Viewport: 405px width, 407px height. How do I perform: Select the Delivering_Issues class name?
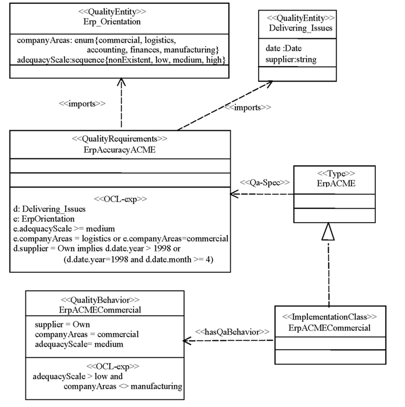coord(297,28)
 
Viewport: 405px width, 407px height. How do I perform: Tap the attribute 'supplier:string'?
coord(291,59)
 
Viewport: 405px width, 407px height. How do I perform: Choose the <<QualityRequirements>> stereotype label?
coord(120,139)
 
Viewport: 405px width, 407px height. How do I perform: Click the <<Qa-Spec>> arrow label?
coord(265,182)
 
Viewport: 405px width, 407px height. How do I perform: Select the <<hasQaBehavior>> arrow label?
coord(232,332)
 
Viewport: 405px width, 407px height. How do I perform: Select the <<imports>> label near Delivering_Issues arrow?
coord(248,107)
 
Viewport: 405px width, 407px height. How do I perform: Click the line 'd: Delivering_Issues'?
coord(50,209)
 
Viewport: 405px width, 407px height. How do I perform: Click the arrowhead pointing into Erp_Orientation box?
coord(121,82)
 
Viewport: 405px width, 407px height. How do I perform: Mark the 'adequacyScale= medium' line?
coord(79,344)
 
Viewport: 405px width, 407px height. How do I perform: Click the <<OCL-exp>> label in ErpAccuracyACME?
coord(120,199)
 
